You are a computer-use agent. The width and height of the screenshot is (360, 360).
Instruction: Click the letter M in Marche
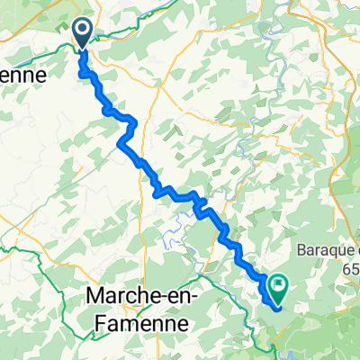click(x=93, y=296)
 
